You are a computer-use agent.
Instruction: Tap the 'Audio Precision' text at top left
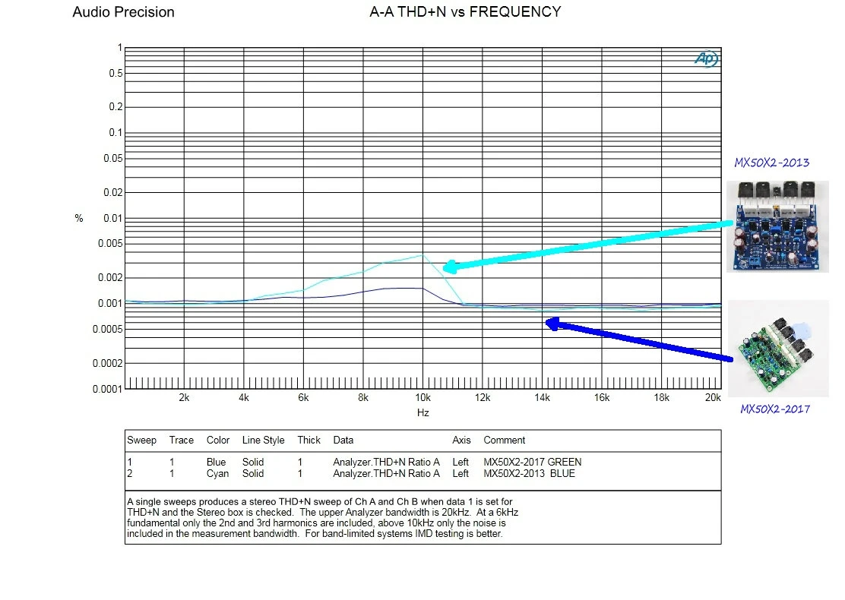click(x=123, y=12)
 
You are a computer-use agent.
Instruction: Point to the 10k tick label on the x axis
click(x=422, y=397)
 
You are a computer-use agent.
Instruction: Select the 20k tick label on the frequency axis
click(x=712, y=397)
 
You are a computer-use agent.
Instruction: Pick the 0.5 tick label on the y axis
click(x=116, y=73)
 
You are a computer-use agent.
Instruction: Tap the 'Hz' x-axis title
click(x=423, y=412)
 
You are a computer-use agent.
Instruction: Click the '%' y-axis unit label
click(x=79, y=219)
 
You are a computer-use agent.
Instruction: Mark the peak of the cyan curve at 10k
click(x=422, y=255)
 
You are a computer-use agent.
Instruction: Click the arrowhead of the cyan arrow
click(x=448, y=267)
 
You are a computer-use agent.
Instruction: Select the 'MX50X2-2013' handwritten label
click(x=771, y=163)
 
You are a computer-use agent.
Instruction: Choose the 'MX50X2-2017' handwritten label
click(x=775, y=409)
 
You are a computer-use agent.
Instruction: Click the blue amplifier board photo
click(x=777, y=226)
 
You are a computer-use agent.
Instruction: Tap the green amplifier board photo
click(x=777, y=346)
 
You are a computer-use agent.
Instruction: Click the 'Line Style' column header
click(x=263, y=440)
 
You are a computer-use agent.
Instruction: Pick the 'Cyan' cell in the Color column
click(x=217, y=473)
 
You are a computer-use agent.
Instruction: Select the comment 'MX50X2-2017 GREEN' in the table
click(x=532, y=461)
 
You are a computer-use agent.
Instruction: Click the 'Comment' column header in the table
click(x=504, y=440)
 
